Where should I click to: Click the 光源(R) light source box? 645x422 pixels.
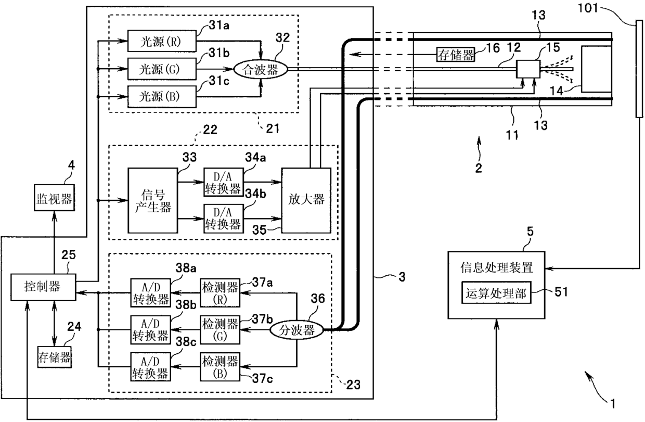(x=162, y=41)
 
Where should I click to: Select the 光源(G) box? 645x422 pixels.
(x=162, y=69)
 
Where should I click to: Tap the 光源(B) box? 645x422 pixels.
(x=162, y=96)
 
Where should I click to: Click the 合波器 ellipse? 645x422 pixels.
(x=260, y=69)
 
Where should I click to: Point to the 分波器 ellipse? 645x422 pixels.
(x=296, y=330)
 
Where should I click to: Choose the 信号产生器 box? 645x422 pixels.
(x=152, y=200)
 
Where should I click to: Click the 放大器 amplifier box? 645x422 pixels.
(x=306, y=200)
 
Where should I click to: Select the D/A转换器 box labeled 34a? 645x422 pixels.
(x=224, y=182)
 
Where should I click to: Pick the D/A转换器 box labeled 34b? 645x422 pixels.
(x=224, y=219)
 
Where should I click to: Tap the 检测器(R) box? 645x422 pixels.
(x=220, y=292)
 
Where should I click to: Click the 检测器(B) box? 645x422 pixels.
(x=220, y=367)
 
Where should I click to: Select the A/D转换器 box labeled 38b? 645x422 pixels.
(x=151, y=330)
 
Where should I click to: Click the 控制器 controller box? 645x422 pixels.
(x=43, y=287)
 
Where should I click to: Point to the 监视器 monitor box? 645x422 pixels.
(x=55, y=198)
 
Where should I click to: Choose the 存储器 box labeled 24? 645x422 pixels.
(x=55, y=357)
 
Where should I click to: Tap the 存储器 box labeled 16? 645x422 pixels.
(x=455, y=55)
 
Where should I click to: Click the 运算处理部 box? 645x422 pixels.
(x=496, y=292)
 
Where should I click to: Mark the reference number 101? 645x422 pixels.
(x=588, y=8)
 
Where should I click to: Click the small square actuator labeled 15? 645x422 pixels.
(x=528, y=69)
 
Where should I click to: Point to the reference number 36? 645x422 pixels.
(x=318, y=299)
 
